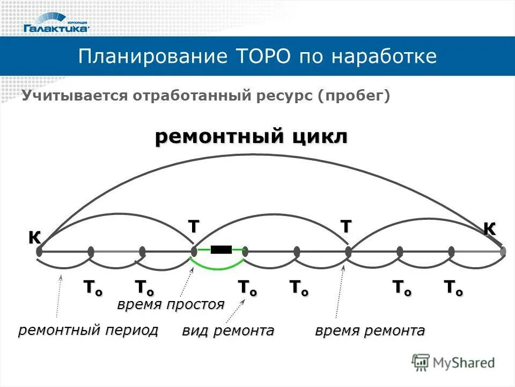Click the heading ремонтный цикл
pyautogui.click(x=251, y=137)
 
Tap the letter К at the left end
pyautogui.click(x=35, y=237)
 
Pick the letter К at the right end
pyautogui.click(x=489, y=228)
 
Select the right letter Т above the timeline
pyautogui.click(x=346, y=227)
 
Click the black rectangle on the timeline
pyautogui.click(x=221, y=249)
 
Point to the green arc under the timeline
pyautogui.click(x=217, y=267)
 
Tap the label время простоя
pyautogui.click(x=171, y=305)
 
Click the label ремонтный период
pyautogui.click(x=89, y=330)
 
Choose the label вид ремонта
pyautogui.click(x=228, y=331)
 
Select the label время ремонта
pyautogui.click(x=370, y=331)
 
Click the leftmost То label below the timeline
pyautogui.click(x=92, y=287)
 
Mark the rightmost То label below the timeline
pyautogui.click(x=453, y=287)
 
